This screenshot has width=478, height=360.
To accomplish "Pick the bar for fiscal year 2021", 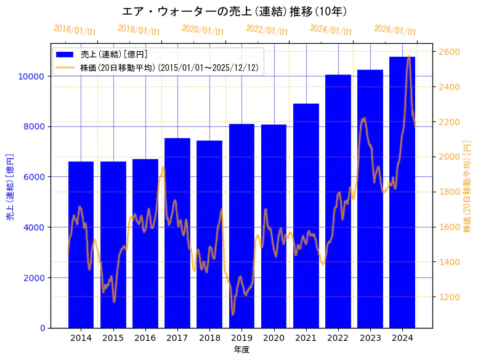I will pyautogui.click(x=306, y=216).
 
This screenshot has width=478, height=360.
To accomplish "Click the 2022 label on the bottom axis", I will pyautogui.click(x=338, y=338).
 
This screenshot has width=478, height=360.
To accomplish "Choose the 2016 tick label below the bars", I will pyautogui.click(x=145, y=338).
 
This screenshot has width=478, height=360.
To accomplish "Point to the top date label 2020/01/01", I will pyautogui.click(x=203, y=30).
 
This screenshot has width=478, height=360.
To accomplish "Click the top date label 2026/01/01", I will pyautogui.click(x=395, y=30).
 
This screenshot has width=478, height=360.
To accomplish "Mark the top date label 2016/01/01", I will pyautogui.click(x=75, y=30).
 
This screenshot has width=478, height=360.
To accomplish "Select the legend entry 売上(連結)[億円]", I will pyautogui.click(x=113, y=55).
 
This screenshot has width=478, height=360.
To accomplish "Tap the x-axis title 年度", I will pyautogui.click(x=241, y=350).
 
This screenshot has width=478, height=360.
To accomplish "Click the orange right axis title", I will pyautogui.click(x=467, y=186).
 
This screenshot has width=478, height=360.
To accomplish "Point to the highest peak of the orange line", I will pyautogui.click(x=408, y=57).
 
